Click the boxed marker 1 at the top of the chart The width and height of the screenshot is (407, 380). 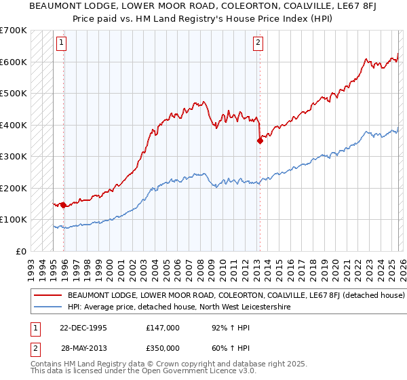[61, 43]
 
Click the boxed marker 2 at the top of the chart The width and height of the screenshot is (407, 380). [258, 43]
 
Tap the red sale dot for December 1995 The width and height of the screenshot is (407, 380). [63, 204]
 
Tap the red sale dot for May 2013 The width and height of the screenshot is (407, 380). [259, 140]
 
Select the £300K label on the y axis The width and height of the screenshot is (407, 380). [14, 156]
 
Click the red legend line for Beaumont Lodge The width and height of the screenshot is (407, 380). [48, 296]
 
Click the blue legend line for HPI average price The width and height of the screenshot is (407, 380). [48, 307]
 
